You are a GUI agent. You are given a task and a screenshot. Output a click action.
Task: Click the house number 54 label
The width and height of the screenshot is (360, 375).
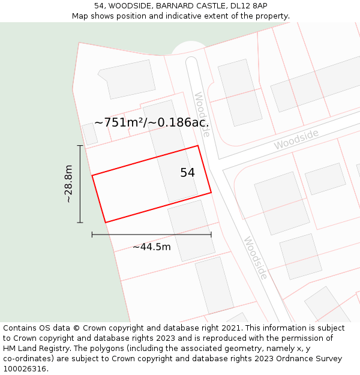pyautogui.click(x=187, y=173)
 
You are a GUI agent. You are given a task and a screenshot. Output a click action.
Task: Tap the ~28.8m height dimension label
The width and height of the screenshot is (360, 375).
pyautogui.click(x=68, y=184)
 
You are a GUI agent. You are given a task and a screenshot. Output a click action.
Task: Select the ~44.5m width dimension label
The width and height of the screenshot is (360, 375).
pyautogui.click(x=151, y=247)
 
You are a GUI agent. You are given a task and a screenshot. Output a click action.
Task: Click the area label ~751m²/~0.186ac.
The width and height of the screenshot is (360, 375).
pyautogui.click(x=151, y=122)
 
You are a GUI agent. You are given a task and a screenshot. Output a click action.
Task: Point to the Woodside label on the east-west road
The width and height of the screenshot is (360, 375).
pyautogui.click(x=296, y=140)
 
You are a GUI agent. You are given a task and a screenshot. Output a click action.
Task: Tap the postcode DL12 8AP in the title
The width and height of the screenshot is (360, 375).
pyautogui.click(x=248, y=6)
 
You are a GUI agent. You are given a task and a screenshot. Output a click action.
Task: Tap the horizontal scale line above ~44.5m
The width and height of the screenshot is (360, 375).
pyautogui.click(x=151, y=235)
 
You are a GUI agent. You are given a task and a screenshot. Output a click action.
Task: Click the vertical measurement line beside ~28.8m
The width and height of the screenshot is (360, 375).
pyautogui.click(x=80, y=184)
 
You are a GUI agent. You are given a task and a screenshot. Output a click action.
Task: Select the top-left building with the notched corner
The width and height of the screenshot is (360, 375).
pyautogui.click(x=128, y=79)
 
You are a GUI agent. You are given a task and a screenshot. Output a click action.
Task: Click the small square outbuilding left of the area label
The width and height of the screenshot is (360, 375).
pyautogui.click(x=90, y=134)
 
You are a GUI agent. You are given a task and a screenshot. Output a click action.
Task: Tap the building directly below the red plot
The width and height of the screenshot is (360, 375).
pyautogui.click(x=191, y=230)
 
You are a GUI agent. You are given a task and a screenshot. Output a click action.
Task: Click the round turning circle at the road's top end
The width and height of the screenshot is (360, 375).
pyautogui.click(x=190, y=52)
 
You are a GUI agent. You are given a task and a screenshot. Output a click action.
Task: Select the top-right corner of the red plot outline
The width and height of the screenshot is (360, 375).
pyautogui.click(x=198, y=146)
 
